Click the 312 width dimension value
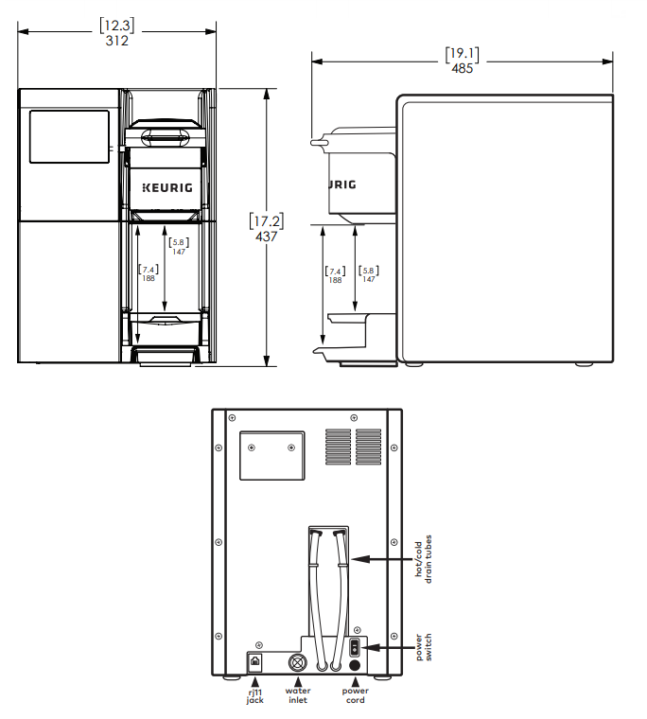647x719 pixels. pos(117,41)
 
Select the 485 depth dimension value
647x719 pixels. pos(462,68)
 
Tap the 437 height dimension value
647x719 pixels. pos(267,237)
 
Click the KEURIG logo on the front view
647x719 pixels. pos(167,187)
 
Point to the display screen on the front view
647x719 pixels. pos(70,136)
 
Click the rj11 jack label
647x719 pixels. pos(255,695)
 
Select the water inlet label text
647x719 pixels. pos(298,695)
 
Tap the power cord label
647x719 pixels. pos(356,695)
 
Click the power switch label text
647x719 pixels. pos(424,647)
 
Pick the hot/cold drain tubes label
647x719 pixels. pos(424,559)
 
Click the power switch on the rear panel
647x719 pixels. pos(355,648)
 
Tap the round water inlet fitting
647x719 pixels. pos(298,662)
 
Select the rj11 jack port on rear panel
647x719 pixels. pos(255,661)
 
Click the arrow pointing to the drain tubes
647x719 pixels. pos(382,559)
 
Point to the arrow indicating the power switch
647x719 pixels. pos(388,647)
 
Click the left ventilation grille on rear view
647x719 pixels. pos(338,447)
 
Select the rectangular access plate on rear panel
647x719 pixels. pos(272,455)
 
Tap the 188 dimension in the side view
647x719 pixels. pos(335,280)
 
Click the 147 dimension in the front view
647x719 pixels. pos(179,252)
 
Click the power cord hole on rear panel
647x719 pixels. pos(355,665)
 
